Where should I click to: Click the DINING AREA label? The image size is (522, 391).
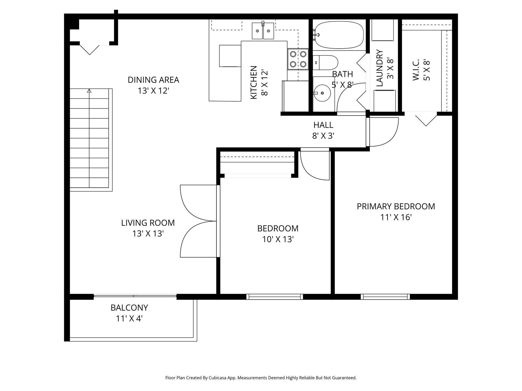click(x=153, y=80)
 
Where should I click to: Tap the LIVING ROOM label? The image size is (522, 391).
click(x=148, y=223)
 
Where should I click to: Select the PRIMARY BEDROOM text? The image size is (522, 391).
click(x=396, y=206)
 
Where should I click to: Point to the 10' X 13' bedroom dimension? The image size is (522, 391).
click(x=278, y=239)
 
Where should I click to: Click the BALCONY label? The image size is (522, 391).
click(x=129, y=308)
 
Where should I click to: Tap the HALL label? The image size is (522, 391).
click(x=323, y=125)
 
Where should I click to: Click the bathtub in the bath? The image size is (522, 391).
click(x=338, y=35)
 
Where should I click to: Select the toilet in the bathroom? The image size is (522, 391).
click(x=325, y=63)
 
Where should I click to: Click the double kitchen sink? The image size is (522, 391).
click(x=263, y=31)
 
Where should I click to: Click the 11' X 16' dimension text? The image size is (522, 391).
click(x=396, y=217)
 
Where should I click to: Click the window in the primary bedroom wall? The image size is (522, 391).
click(x=385, y=297)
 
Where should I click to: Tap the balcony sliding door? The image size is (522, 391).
click(x=135, y=296)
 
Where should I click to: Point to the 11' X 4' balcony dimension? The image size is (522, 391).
click(x=129, y=318)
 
